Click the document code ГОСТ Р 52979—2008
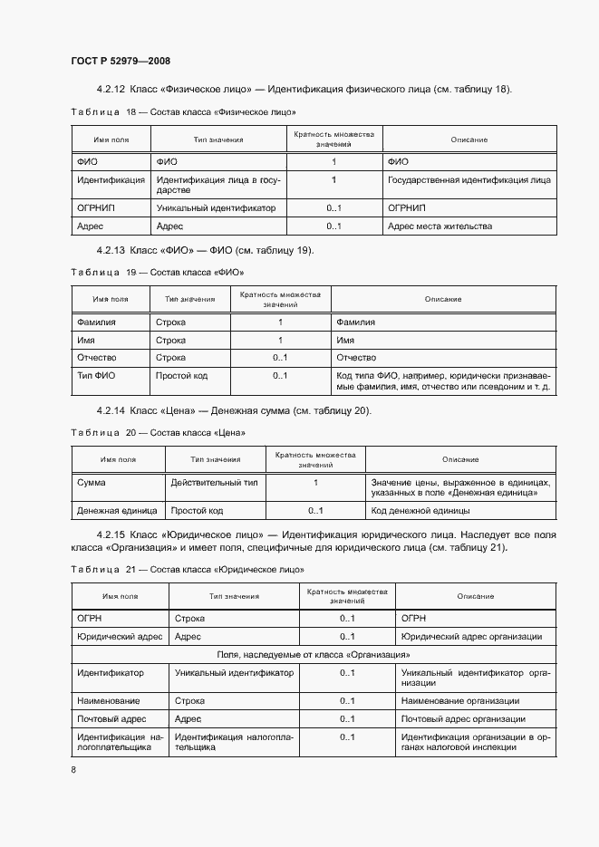(x=121, y=61)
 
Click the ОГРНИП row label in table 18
(x=96, y=207)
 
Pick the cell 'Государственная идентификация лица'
(x=469, y=180)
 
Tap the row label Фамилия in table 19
(x=98, y=322)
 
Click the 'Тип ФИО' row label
(x=96, y=376)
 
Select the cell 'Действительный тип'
(x=214, y=482)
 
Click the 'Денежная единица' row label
(x=117, y=511)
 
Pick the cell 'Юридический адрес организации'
(x=471, y=637)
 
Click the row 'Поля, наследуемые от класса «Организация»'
(x=314, y=654)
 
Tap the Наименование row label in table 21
(x=109, y=700)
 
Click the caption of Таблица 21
(x=187, y=569)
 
